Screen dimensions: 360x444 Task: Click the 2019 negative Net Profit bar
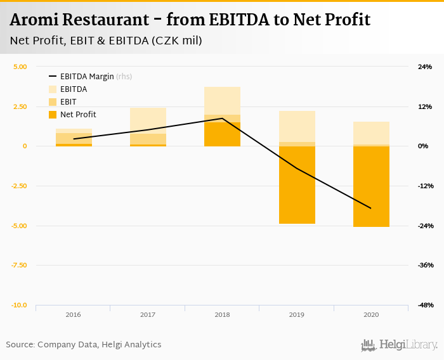coord(297,184)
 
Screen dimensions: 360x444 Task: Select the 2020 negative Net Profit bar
coord(371,186)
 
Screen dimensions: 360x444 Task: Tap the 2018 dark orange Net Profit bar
coord(222,134)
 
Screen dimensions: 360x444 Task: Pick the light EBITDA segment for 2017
coord(148,120)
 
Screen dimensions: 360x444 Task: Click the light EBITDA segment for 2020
coord(371,133)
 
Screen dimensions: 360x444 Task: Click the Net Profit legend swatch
coord(53,115)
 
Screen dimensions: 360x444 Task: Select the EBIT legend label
coord(69,102)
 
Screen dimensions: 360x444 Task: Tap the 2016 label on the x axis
coord(73,314)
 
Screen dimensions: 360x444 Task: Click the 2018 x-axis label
coord(222,314)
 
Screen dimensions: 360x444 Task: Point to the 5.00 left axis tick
coord(20,67)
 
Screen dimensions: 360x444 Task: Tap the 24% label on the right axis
coord(424,67)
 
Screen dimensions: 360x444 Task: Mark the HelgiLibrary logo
coord(400,345)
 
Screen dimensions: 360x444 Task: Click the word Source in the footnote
coord(20,345)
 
